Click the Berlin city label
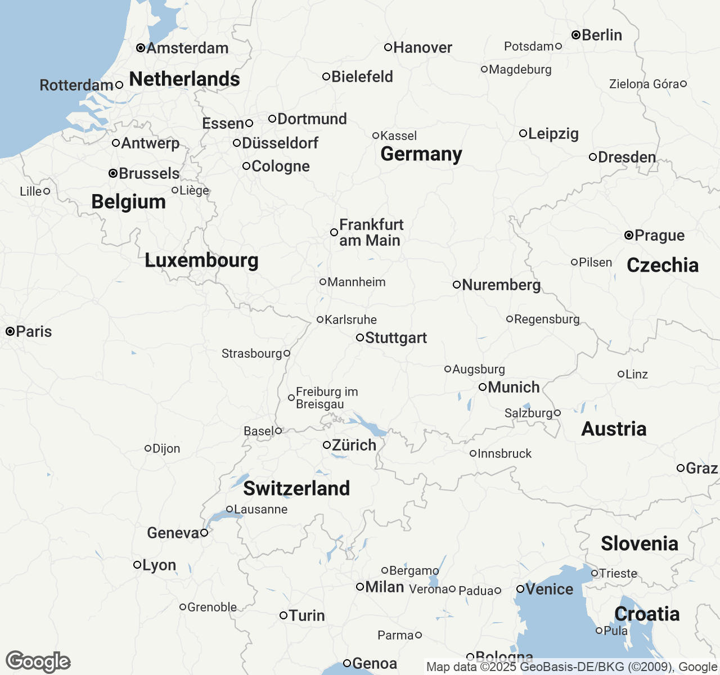pyautogui.click(x=601, y=35)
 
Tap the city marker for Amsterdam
pyautogui.click(x=141, y=48)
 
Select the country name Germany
pyautogui.click(x=421, y=154)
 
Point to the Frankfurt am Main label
pyautogui.click(x=371, y=232)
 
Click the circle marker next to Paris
pyautogui.click(x=10, y=331)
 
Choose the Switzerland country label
pyautogui.click(x=296, y=488)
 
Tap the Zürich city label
pyautogui.click(x=354, y=445)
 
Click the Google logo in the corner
pyautogui.click(x=38, y=661)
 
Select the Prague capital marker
pyautogui.click(x=629, y=235)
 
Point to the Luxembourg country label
pyautogui.click(x=201, y=260)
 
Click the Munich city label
pyautogui.click(x=514, y=387)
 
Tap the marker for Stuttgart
pyautogui.click(x=360, y=337)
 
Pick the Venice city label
pyautogui.click(x=549, y=589)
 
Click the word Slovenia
pyautogui.click(x=640, y=543)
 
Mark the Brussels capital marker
pyautogui.click(x=113, y=173)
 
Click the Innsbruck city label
pyautogui.click(x=505, y=453)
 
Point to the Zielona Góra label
pyautogui.click(x=644, y=84)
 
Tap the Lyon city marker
pyautogui.click(x=137, y=565)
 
